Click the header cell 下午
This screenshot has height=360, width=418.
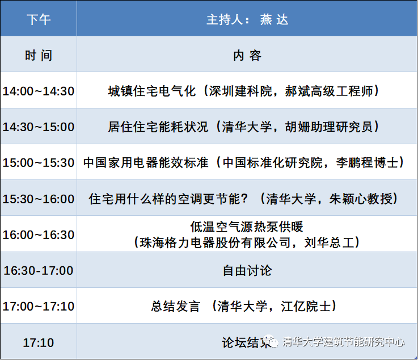(x=39, y=19)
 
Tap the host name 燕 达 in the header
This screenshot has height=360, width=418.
(x=274, y=19)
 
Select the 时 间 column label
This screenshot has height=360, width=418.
(x=39, y=56)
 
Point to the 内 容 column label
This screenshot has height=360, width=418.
(x=247, y=56)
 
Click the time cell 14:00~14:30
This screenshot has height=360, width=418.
(x=39, y=91)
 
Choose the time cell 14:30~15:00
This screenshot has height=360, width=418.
(x=39, y=127)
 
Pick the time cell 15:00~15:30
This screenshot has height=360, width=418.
(x=39, y=163)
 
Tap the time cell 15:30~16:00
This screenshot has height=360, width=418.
(x=39, y=199)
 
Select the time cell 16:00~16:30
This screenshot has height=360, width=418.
(x=39, y=235)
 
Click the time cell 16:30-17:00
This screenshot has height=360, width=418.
(x=39, y=271)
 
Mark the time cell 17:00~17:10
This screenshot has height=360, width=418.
(x=39, y=307)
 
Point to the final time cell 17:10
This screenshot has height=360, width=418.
(x=39, y=342)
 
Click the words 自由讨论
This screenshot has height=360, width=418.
(x=247, y=271)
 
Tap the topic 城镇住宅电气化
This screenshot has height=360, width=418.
(x=152, y=91)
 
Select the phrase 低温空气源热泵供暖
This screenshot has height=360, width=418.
(x=247, y=227)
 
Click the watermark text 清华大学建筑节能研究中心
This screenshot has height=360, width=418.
(x=343, y=342)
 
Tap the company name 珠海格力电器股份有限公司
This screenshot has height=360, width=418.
(x=215, y=243)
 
